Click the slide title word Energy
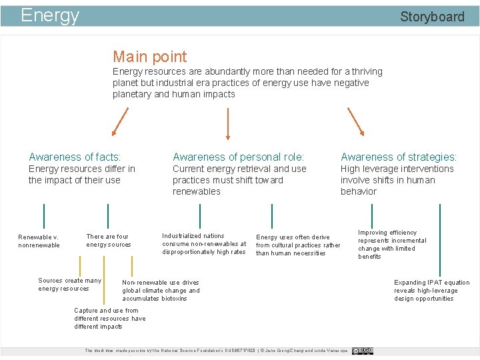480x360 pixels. (50, 15)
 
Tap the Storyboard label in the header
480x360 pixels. (432, 17)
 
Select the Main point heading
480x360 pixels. (149, 57)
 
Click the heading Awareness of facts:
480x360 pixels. (75, 157)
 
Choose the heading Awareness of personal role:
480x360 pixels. (238, 157)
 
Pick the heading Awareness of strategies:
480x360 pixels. (399, 157)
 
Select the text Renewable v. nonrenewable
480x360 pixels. (39, 241)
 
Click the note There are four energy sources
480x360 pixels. (108, 240)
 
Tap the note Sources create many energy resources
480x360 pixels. (69, 284)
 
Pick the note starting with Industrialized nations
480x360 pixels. (203, 243)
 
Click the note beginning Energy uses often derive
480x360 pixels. (297, 245)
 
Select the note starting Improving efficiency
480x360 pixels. (391, 244)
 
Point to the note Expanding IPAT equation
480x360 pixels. (431, 290)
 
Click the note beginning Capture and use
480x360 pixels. (109, 318)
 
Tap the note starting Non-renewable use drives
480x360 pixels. (161, 290)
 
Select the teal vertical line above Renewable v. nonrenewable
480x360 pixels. (43, 217)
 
